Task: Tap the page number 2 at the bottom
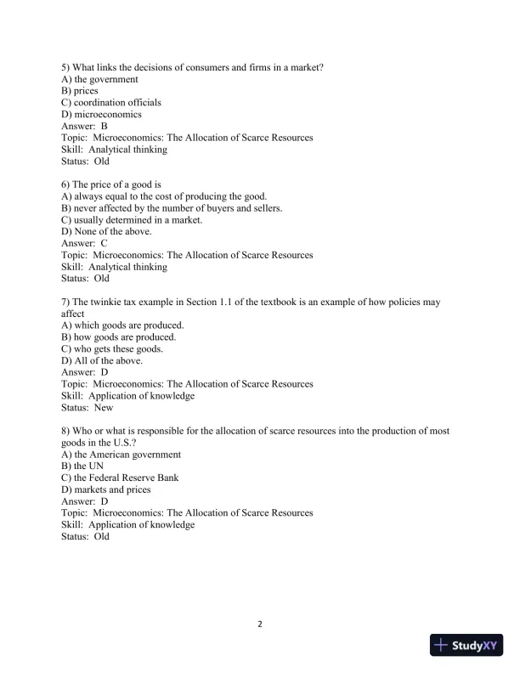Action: (x=260, y=625)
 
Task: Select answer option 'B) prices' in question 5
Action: (x=80, y=91)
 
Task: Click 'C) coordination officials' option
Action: (x=111, y=103)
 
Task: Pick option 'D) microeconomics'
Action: (x=101, y=115)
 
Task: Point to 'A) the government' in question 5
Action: (x=99, y=79)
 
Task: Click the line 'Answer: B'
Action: (x=84, y=126)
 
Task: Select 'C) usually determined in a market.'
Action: (x=132, y=220)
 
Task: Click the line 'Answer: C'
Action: (x=84, y=243)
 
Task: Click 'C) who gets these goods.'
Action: (x=112, y=349)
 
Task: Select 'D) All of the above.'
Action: (x=102, y=361)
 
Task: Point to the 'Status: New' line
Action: (x=87, y=408)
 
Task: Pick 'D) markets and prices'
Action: (x=106, y=489)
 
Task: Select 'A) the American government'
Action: (x=121, y=455)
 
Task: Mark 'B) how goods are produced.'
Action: (x=119, y=337)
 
